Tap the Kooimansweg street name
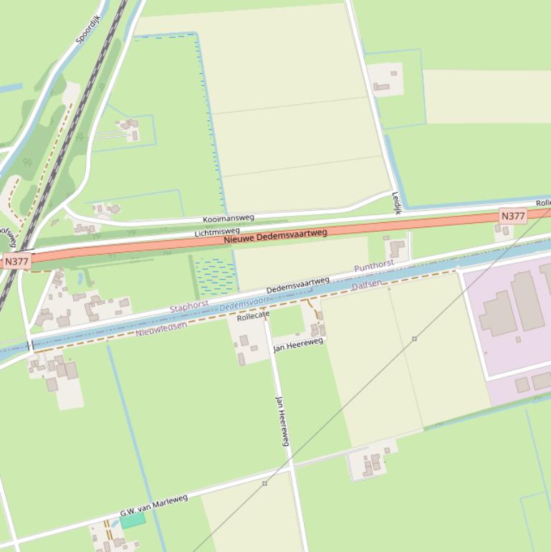pos(228,217)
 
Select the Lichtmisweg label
pos(217,232)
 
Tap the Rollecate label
pos(253,315)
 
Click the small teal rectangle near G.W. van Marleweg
pos(133,520)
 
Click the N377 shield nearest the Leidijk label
pos(513,216)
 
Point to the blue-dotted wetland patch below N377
pos(216,277)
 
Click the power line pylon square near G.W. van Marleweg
pos(264,484)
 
